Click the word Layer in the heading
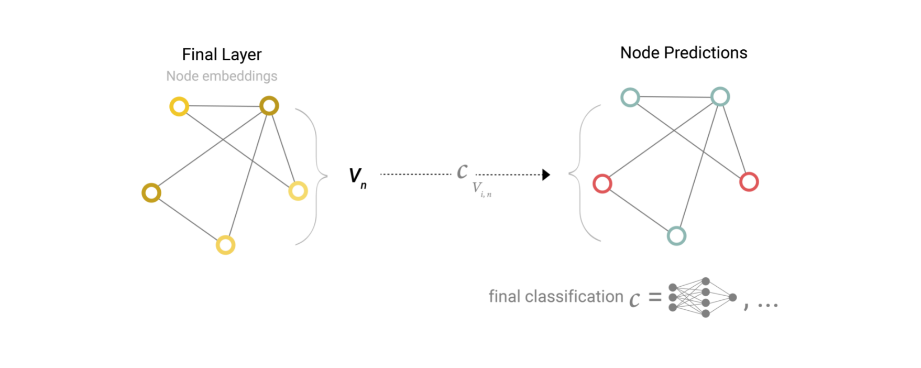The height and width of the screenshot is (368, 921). pos(242,55)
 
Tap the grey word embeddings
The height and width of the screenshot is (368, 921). pos(239,77)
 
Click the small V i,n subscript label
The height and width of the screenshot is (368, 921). pos(481,189)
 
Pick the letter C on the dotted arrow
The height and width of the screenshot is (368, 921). pos(462,171)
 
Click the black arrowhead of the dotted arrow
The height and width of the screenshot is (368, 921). pos(546,175)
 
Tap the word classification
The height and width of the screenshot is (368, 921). pos(574,297)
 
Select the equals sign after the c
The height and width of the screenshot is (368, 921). pos(655,298)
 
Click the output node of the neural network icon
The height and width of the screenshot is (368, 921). pos(732,298)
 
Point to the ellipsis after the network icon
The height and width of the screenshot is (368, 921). pos(767,305)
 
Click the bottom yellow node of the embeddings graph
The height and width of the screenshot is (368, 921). pos(226,245)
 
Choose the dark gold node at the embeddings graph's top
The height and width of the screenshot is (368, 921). pos(269,106)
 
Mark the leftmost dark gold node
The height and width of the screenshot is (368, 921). pos(151,193)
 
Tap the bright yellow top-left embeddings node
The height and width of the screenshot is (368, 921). pos(179,106)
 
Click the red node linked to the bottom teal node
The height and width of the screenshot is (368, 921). pos(602,183)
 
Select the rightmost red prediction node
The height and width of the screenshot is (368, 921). pos(749,182)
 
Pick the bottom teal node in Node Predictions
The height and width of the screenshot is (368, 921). pos(676,236)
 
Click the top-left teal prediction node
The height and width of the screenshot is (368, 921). pos(630,98)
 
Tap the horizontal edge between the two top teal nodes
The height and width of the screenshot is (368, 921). pos(675,97)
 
